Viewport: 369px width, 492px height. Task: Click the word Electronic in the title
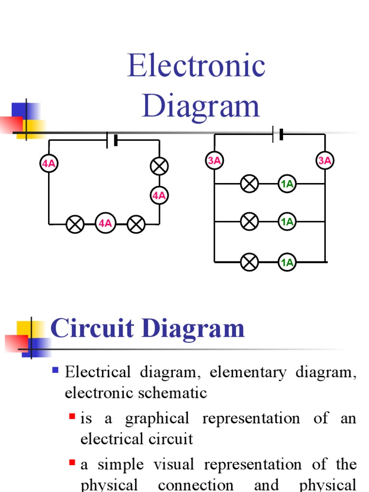(196, 66)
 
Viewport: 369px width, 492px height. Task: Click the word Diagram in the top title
(200, 107)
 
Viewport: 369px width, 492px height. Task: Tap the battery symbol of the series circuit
(112, 140)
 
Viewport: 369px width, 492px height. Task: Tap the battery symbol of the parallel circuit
(278, 134)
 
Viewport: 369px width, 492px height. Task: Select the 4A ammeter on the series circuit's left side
(49, 164)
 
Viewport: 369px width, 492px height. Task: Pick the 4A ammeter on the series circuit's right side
(159, 196)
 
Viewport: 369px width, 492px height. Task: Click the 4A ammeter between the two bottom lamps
(105, 223)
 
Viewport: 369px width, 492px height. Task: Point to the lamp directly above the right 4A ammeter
(159, 166)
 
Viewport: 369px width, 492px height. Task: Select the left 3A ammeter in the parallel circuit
(214, 160)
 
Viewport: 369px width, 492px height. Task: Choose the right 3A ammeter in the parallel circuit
(325, 160)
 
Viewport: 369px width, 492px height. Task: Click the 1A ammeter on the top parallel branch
(287, 184)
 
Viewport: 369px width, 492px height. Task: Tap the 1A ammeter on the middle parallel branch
(287, 221)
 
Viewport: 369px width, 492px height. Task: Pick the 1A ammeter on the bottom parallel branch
(287, 262)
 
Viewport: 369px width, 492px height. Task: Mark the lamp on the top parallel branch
(249, 184)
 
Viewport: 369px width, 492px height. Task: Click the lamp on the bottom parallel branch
(249, 262)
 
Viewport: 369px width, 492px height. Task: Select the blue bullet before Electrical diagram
(55, 370)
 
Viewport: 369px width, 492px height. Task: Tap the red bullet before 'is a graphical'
(72, 416)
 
